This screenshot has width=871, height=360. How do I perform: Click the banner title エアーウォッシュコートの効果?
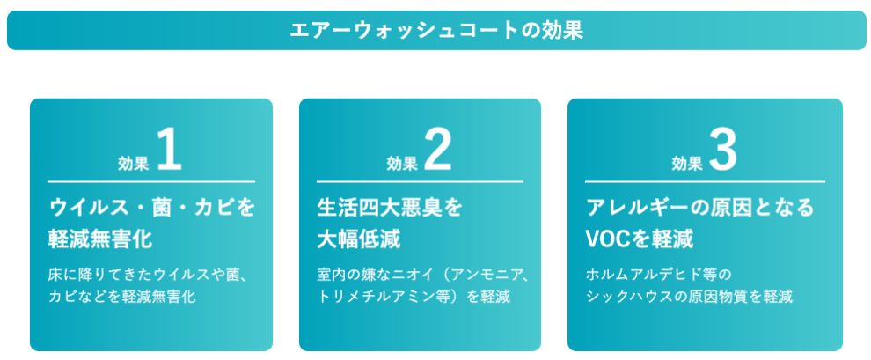[x=436, y=30]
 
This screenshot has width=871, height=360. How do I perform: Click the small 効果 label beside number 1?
[x=134, y=163]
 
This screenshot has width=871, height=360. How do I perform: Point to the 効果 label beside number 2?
[x=402, y=163]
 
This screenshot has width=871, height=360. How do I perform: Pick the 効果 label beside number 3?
[x=687, y=163]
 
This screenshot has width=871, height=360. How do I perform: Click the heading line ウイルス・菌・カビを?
[x=151, y=208]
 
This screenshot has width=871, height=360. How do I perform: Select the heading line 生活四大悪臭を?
[x=389, y=208]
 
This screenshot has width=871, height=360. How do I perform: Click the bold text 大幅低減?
[x=359, y=239]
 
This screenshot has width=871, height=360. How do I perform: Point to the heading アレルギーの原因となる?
[x=700, y=208]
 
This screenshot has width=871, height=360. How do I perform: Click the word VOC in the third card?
[x=605, y=239]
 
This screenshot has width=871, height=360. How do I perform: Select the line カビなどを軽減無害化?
[x=121, y=297]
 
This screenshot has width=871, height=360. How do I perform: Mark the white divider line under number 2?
[x=420, y=181]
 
